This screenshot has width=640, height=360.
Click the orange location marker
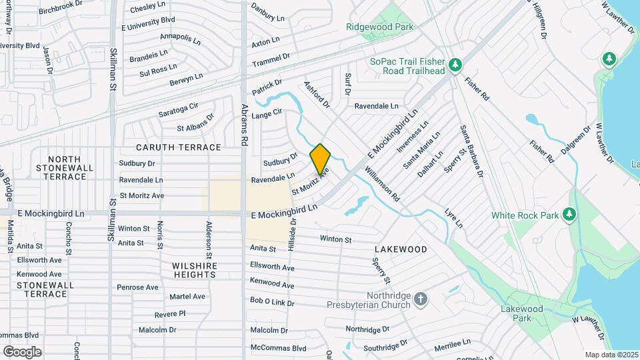[320, 159]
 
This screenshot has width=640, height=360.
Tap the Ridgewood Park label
[380, 27]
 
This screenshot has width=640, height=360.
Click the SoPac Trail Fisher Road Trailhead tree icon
[455, 65]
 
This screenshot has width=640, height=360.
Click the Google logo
[22, 351]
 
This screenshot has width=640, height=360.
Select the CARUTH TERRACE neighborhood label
[178, 147]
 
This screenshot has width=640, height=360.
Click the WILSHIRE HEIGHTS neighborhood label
[195, 270]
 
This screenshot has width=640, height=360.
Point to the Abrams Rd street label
[245, 125]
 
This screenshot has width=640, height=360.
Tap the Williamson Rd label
[382, 184]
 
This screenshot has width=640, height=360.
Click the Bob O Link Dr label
[272, 302]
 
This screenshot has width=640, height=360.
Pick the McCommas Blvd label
[278, 347]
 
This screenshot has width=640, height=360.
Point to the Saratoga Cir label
[179, 106]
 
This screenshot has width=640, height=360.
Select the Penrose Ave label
[137, 287]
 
